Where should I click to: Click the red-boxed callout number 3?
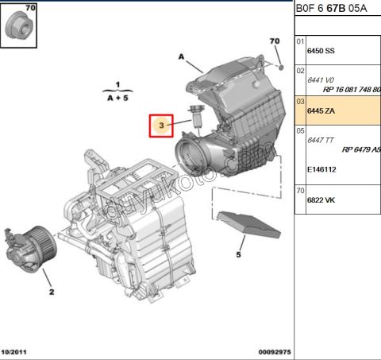point(162,125)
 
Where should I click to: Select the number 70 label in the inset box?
point(30,8)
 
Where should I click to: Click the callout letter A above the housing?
point(181,57)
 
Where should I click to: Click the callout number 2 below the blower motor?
point(51,292)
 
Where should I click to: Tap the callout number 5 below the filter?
point(237,254)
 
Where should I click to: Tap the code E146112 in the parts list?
point(322,169)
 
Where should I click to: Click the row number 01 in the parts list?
point(300,41)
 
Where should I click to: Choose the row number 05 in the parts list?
point(300,130)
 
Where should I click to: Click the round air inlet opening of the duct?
point(193,157)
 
